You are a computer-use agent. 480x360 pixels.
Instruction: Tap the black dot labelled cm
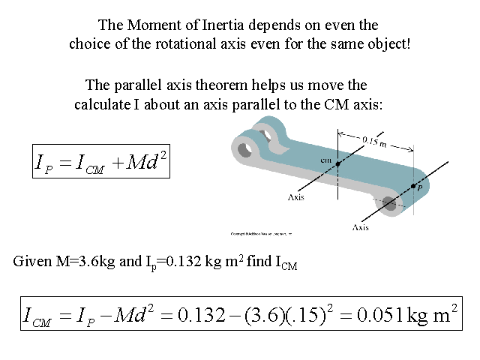click(337, 163)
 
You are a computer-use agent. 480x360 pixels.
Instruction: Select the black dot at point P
click(412, 185)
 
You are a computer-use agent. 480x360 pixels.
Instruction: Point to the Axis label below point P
click(361, 226)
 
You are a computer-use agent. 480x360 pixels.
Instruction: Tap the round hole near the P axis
click(388, 202)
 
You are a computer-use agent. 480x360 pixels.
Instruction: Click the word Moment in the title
click(151, 25)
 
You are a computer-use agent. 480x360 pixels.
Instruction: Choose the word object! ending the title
click(388, 43)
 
